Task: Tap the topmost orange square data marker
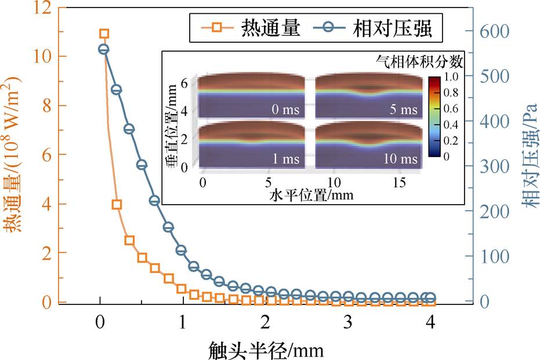point(104,34)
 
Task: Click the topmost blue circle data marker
point(103,49)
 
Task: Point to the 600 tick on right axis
point(495,31)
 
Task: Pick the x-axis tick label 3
point(348,322)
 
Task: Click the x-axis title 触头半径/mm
point(266,350)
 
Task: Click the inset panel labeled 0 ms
point(251,96)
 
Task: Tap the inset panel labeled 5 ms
point(369,96)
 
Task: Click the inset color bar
point(434,117)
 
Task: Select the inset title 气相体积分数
point(419,61)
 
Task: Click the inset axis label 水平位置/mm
point(311,195)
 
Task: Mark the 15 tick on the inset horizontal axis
point(399,183)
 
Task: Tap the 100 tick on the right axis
point(495,256)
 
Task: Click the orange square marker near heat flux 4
point(117,205)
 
